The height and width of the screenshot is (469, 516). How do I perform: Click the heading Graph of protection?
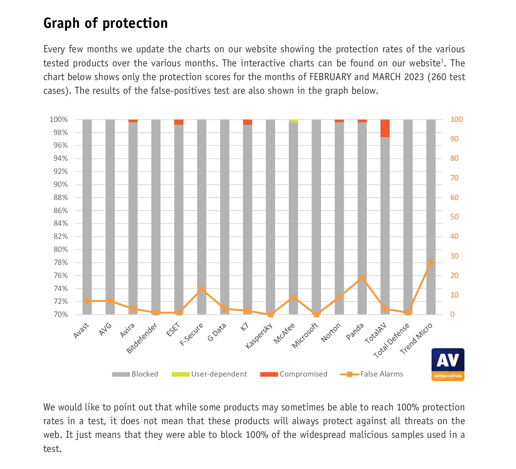click(x=106, y=23)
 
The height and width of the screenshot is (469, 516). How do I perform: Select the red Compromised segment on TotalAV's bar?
click(x=385, y=128)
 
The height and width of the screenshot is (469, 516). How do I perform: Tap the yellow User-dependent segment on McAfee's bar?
click(x=293, y=121)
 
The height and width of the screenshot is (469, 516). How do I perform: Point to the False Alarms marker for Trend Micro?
click(x=431, y=262)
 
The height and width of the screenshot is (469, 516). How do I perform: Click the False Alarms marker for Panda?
click(x=362, y=278)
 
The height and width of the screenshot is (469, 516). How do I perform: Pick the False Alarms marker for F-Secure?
click(x=202, y=289)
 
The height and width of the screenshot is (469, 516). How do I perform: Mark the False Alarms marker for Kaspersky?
click(x=270, y=315)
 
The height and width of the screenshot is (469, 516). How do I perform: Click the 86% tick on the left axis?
click(x=61, y=211)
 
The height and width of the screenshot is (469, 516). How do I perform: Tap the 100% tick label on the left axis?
click(x=59, y=120)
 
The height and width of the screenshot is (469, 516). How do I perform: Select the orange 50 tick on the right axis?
click(x=454, y=217)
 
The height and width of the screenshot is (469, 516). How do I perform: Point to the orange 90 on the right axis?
click(x=454, y=139)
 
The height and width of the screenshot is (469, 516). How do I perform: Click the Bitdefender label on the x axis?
click(x=142, y=338)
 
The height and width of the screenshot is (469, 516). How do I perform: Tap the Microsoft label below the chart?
click(x=305, y=335)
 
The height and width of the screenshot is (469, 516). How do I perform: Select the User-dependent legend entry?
click(x=209, y=374)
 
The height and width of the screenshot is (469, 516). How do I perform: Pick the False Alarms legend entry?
click(x=372, y=374)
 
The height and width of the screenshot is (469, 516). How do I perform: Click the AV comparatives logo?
click(x=448, y=364)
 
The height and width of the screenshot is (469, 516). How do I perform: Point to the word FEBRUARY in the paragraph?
click(x=330, y=77)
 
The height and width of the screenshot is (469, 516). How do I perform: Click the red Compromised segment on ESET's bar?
click(x=179, y=122)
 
